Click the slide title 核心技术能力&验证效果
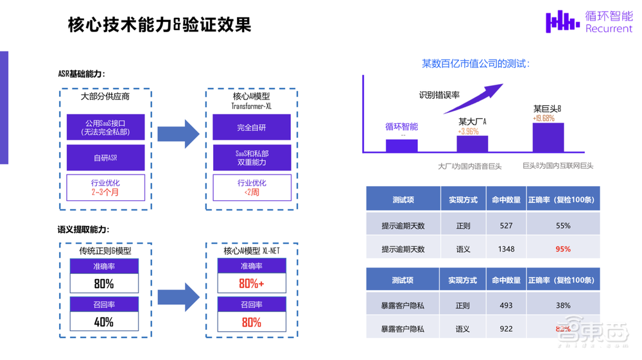pyautogui.click(x=159, y=24)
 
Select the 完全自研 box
pyautogui.click(x=251, y=128)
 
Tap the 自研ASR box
pyautogui.click(x=106, y=158)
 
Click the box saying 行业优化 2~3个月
pyautogui.click(x=106, y=187)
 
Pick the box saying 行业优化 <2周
pyautogui.click(x=251, y=187)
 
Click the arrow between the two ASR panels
pyautogui.click(x=178, y=134)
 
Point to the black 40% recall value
pyautogui.click(x=104, y=321)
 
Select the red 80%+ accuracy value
pyautogui.click(x=251, y=283)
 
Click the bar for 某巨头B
pyautogui.click(x=548, y=137)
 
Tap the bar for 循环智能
pyautogui.click(x=401, y=146)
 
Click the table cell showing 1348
pyautogui.click(x=506, y=249)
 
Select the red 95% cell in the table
pyautogui.click(x=563, y=249)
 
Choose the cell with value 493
pyautogui.click(x=506, y=305)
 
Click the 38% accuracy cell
pyautogui.click(x=563, y=305)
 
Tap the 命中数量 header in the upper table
pyautogui.click(x=506, y=200)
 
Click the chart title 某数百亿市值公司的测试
pyautogui.click(x=476, y=64)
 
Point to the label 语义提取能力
pyautogui.click(x=83, y=230)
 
